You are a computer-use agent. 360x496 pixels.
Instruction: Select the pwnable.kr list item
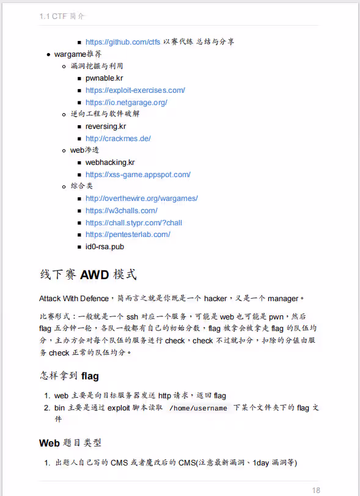105,78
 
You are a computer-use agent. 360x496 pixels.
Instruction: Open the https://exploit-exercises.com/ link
135,90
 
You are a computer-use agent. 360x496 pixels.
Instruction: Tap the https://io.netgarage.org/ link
126,103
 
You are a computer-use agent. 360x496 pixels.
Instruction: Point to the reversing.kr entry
106,126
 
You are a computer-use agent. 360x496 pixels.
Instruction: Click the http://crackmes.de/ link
118,139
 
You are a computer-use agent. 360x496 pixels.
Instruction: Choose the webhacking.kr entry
110,162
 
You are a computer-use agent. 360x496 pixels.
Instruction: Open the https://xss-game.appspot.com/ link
138,175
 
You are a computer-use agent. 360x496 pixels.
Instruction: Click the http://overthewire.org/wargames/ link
141,199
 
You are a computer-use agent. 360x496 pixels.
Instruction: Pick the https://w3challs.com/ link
121,211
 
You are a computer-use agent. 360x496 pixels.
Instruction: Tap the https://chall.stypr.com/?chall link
133,223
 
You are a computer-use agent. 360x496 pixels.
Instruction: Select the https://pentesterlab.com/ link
128,235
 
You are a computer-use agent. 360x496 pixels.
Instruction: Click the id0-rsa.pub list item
105,247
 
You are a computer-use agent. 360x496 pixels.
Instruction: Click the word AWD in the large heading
94,275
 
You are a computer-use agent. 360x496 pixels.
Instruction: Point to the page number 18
316,490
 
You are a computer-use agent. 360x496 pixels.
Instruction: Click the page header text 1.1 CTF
53,16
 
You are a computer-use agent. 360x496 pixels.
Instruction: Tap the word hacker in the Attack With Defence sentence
215,299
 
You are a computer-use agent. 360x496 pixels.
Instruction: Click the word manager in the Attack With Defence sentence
282,299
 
